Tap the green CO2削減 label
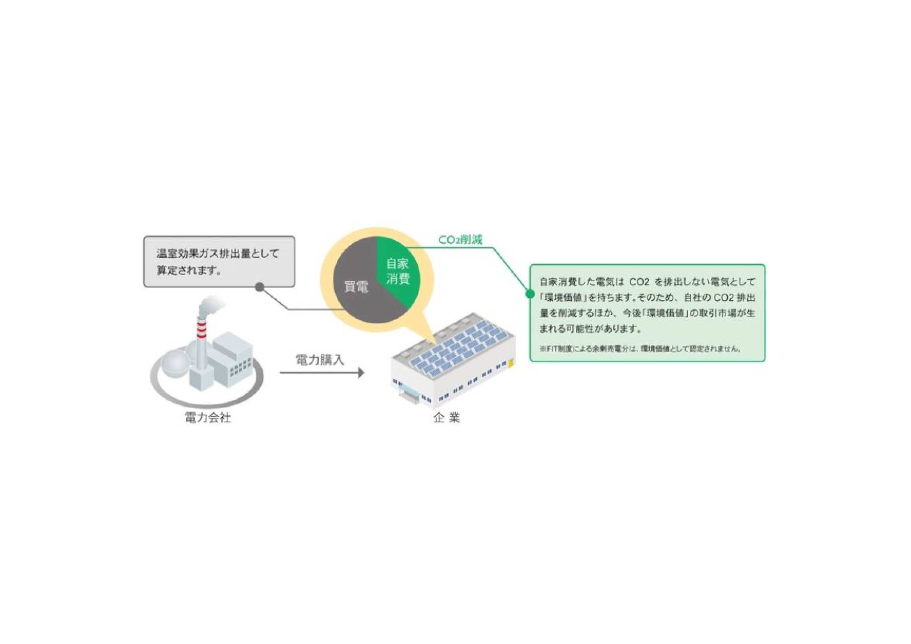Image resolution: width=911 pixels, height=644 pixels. click(460, 240)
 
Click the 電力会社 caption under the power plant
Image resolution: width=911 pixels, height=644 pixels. click(208, 418)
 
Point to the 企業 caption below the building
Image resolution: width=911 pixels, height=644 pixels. click(447, 418)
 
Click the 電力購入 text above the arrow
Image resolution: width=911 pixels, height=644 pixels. click(320, 360)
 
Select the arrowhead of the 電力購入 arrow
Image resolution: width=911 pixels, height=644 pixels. click(361, 372)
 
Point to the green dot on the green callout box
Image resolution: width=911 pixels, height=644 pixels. click(530, 294)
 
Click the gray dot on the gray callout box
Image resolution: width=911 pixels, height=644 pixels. click(259, 286)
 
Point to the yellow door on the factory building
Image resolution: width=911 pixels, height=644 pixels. click(511, 363)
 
